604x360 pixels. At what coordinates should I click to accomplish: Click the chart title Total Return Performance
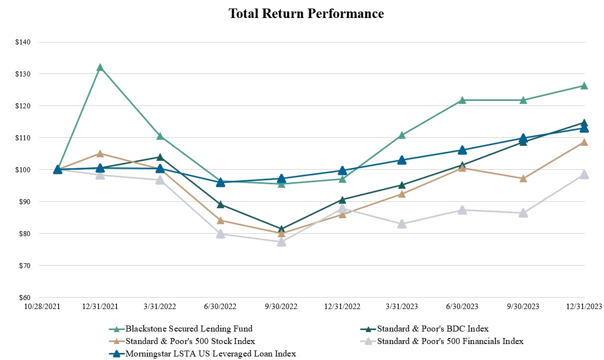(x=306, y=13)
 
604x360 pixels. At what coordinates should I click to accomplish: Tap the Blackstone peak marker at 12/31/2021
(x=100, y=67)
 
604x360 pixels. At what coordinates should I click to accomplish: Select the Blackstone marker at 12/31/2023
(x=584, y=86)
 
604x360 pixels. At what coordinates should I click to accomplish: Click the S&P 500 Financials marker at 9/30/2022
(x=281, y=242)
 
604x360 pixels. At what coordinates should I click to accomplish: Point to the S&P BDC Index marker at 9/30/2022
(x=281, y=229)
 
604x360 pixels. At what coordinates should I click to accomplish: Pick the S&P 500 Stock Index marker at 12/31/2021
(x=100, y=154)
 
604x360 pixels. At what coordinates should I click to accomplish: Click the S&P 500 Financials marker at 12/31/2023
(x=584, y=174)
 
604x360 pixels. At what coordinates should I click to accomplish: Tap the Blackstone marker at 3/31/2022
(x=160, y=136)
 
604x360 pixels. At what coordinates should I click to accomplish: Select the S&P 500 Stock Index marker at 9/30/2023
(x=523, y=178)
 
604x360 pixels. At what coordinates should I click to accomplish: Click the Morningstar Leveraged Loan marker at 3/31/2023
(x=402, y=160)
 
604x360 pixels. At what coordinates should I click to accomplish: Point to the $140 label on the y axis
(x=23, y=42)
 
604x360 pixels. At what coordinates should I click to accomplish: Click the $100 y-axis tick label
(x=23, y=170)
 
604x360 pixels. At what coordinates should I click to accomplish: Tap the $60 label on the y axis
(x=23, y=298)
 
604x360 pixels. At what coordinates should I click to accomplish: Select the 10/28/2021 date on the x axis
(x=42, y=306)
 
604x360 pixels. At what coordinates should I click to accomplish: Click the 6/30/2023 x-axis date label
(x=462, y=306)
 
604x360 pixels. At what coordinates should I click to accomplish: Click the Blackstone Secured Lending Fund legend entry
(x=189, y=329)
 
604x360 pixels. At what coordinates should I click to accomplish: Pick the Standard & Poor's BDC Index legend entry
(x=432, y=329)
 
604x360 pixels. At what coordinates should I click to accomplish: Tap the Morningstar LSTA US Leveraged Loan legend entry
(x=210, y=354)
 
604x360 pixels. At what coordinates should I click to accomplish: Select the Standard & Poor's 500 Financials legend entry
(x=450, y=341)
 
